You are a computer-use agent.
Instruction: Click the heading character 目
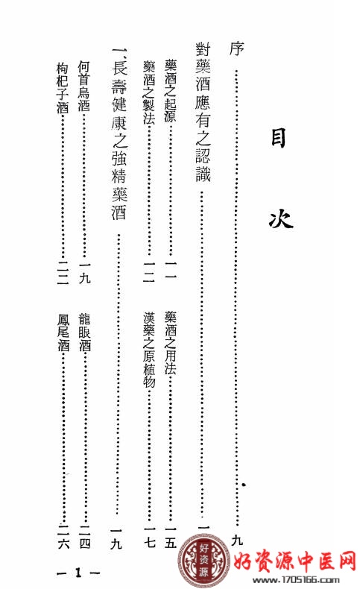tap(278, 138)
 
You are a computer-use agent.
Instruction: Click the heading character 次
tap(280, 218)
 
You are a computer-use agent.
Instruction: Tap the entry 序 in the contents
tap(236, 48)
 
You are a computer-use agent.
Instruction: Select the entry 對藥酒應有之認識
tap(203, 112)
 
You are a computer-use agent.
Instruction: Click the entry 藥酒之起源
tap(170, 91)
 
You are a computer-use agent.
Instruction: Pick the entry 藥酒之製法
tap(148, 92)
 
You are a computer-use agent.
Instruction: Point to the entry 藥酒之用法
tap(170, 342)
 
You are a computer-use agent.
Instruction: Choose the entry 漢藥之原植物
tap(148, 350)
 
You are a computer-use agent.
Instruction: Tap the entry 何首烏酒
tap(84, 86)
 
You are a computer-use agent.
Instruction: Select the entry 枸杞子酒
tap(63, 87)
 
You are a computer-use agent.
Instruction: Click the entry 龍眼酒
tap(84, 332)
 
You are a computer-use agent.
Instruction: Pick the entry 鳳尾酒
tap(63, 333)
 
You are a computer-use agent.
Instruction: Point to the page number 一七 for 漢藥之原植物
tap(149, 537)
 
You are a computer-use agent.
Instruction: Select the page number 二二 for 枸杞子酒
tap(63, 273)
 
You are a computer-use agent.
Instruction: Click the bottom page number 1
tap(78, 573)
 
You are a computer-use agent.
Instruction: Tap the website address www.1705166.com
tap(296, 580)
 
